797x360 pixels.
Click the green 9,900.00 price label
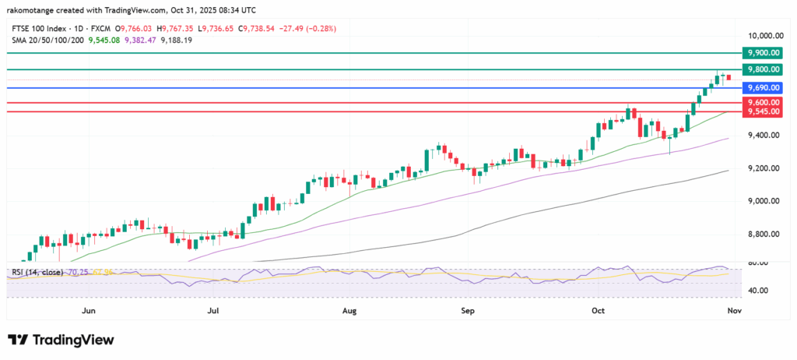763,52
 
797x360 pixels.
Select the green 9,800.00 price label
763,69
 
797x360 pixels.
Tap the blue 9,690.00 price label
763,88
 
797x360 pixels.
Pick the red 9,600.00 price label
763,102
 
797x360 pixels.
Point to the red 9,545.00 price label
763,111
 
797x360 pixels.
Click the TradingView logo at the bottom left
61,340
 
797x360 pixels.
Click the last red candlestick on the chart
729,77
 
